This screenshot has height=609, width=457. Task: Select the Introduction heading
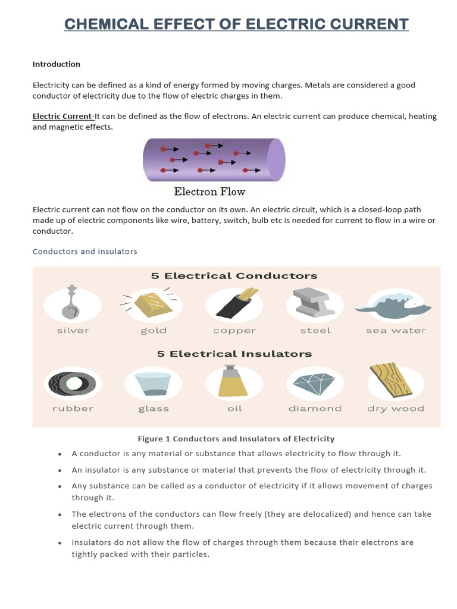[56, 64]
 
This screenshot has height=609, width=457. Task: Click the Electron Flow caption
[209, 192]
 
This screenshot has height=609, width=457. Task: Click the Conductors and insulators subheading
[84, 252]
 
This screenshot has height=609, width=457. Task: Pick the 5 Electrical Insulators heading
[234, 354]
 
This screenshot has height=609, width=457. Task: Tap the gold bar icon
[153, 304]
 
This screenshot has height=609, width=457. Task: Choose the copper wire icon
[234, 305]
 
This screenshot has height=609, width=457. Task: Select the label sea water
[396, 331]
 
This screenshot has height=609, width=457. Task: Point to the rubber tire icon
[73, 383]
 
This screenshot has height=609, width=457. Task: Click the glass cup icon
[153, 384]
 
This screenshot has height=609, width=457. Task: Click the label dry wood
[396, 409]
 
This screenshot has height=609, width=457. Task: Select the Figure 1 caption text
[236, 439]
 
